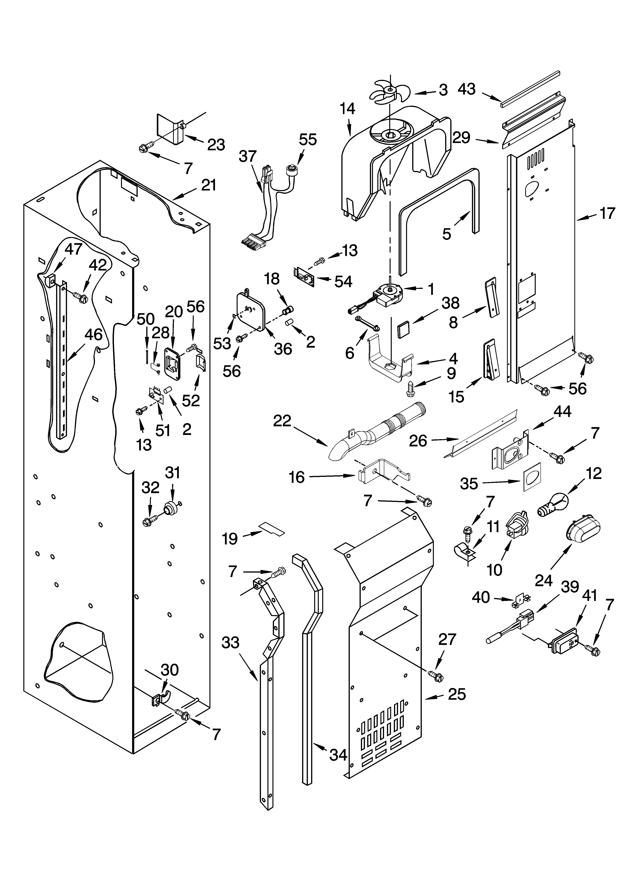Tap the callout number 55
308,139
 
